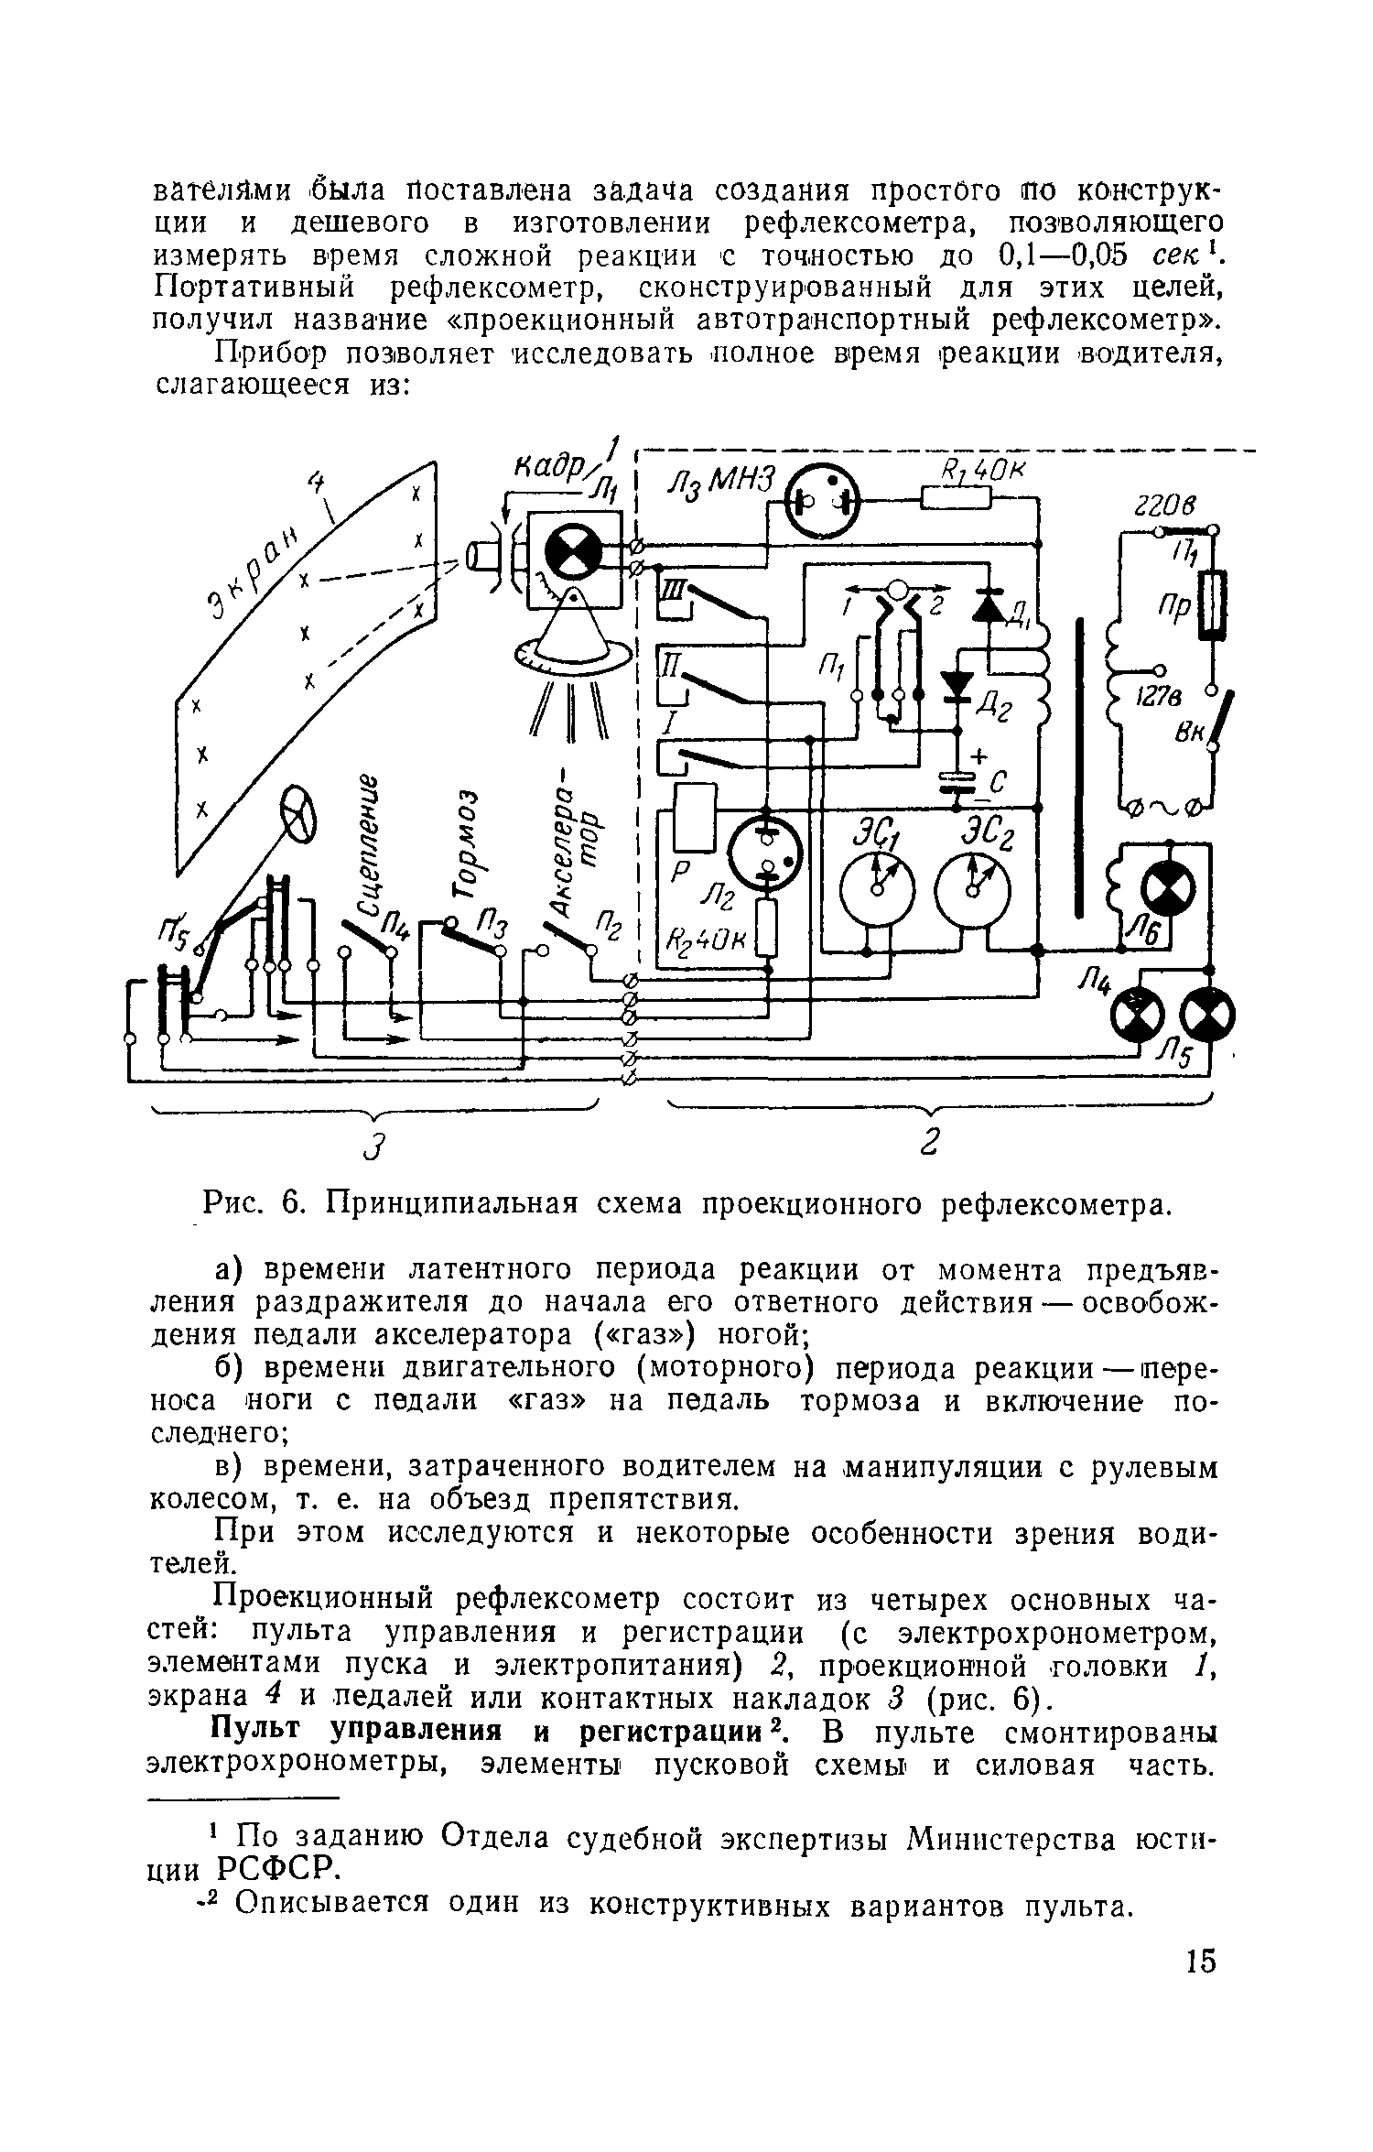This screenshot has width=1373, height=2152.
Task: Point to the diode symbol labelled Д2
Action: [957, 685]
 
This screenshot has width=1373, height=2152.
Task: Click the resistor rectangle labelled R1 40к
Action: [957, 498]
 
